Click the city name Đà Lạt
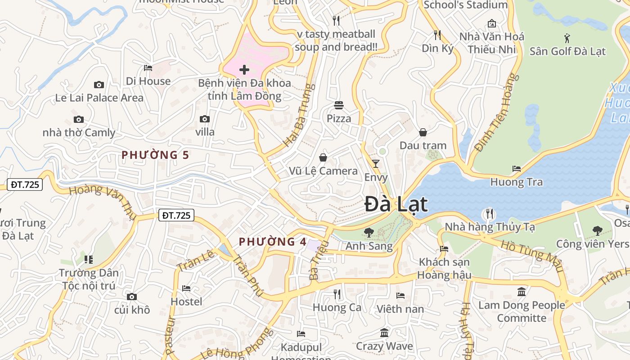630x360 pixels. coord(396,204)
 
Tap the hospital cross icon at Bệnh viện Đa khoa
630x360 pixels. coord(244,70)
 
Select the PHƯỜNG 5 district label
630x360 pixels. coord(155,155)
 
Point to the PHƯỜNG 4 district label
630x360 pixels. coord(273,242)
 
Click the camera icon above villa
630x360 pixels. coord(205,119)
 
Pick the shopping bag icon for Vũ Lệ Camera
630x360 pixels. coord(323,157)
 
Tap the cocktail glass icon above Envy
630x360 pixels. coord(376,163)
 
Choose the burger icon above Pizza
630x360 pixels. coord(339,105)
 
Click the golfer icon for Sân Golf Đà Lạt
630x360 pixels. coord(567,38)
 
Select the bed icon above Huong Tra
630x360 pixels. coord(517,169)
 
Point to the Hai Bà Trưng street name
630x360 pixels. coord(298,115)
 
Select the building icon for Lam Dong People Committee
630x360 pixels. coord(522,292)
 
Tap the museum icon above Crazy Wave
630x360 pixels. coord(384,333)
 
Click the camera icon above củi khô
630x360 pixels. coord(132,297)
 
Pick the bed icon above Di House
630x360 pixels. coord(148,68)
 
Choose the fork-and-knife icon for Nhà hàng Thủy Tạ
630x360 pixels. coord(490,213)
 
